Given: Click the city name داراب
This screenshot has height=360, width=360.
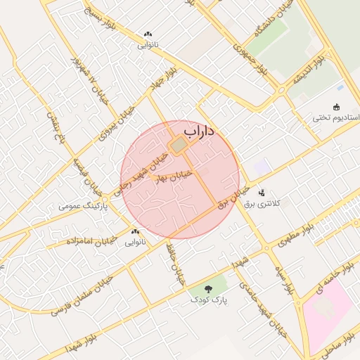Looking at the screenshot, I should (x=200, y=131).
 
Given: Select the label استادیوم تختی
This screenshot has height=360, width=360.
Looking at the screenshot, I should (x=336, y=117).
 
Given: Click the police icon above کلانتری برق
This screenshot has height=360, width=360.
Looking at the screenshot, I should (x=262, y=193).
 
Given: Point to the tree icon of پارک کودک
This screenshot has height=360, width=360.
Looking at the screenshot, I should (x=207, y=288).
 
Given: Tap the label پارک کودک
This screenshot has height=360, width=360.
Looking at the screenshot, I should (x=207, y=300).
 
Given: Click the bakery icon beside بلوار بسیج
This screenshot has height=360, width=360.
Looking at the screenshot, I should (x=148, y=34).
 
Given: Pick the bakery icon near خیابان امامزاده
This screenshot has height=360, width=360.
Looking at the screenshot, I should (x=135, y=231).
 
